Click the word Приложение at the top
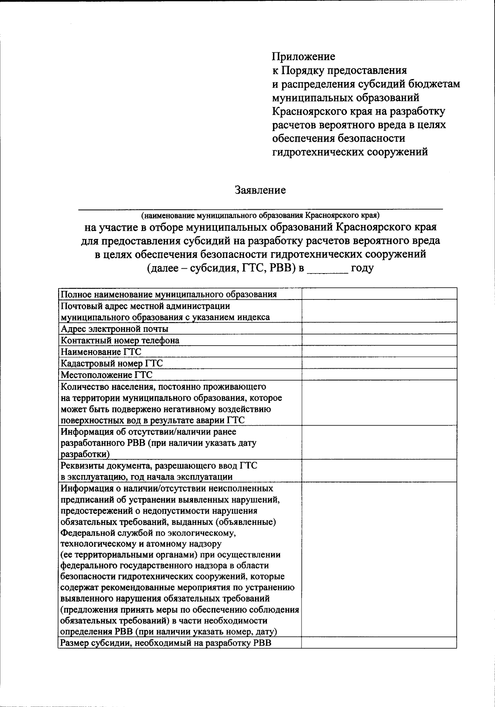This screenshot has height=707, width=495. [x=303, y=56]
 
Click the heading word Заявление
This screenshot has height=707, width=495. [x=260, y=190]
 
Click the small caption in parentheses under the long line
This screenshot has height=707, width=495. [x=260, y=215]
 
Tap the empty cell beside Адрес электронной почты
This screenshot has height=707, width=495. [x=379, y=329]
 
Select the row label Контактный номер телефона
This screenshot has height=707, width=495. [x=120, y=340]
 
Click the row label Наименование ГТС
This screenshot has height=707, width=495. [x=101, y=352]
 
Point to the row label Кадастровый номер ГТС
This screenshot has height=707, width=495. [x=112, y=363]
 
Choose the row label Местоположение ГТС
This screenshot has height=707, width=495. [x=106, y=375]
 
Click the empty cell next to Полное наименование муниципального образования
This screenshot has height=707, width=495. [x=379, y=294]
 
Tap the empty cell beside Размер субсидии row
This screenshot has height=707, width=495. [x=379, y=643]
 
